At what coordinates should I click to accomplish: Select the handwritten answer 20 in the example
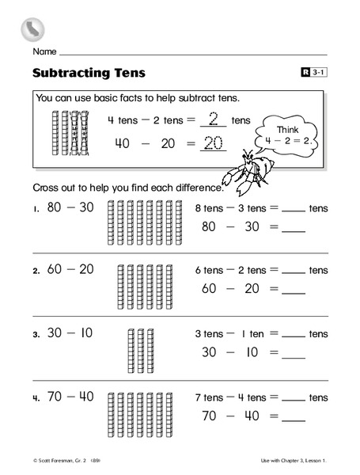tap(214, 143)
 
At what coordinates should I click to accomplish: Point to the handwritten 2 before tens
tap(211, 120)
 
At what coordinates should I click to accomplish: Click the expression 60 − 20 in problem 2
tap(70, 269)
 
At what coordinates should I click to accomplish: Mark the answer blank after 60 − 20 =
tap(293, 291)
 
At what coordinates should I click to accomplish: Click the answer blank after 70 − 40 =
tap(293, 417)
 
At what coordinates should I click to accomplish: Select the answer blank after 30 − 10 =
tap(293, 354)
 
